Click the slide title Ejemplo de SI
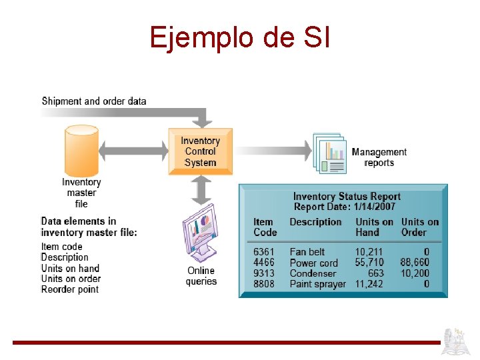239,37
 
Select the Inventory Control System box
200,151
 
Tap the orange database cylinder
81,150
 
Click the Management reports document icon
330,153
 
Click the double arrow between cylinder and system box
133,151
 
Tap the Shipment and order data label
94,101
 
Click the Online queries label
201,276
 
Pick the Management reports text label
379,157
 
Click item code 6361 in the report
263,252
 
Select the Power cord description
313,263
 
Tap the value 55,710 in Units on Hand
369,263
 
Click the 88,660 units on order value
415,263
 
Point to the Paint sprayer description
317,284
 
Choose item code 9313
263,273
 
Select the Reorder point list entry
69,289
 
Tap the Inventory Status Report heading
347,196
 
